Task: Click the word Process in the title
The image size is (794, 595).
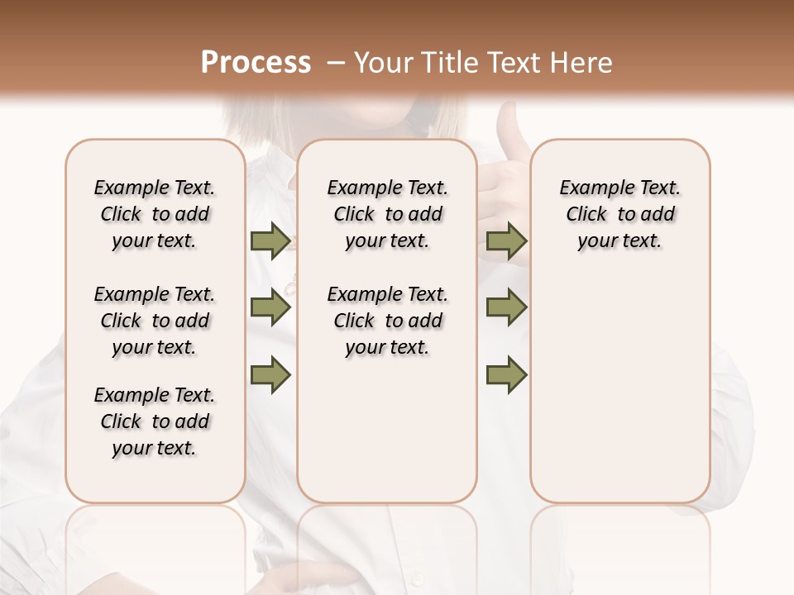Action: click(256, 63)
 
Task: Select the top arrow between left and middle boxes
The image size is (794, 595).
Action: click(270, 241)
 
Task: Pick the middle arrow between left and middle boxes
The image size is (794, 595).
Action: click(270, 307)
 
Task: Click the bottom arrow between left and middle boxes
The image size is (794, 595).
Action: click(270, 375)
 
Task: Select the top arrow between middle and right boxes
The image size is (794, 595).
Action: click(506, 241)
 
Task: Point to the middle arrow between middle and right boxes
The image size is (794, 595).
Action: click(506, 307)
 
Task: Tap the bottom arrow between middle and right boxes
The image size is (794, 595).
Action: click(506, 375)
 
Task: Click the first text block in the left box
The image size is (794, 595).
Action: click(155, 214)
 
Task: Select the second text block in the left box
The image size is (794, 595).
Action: click(155, 321)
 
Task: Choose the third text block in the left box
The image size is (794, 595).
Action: click(155, 421)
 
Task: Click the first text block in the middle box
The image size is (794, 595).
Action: click(388, 214)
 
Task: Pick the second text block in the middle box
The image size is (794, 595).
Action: click(388, 321)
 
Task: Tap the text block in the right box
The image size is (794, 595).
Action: click(620, 214)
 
